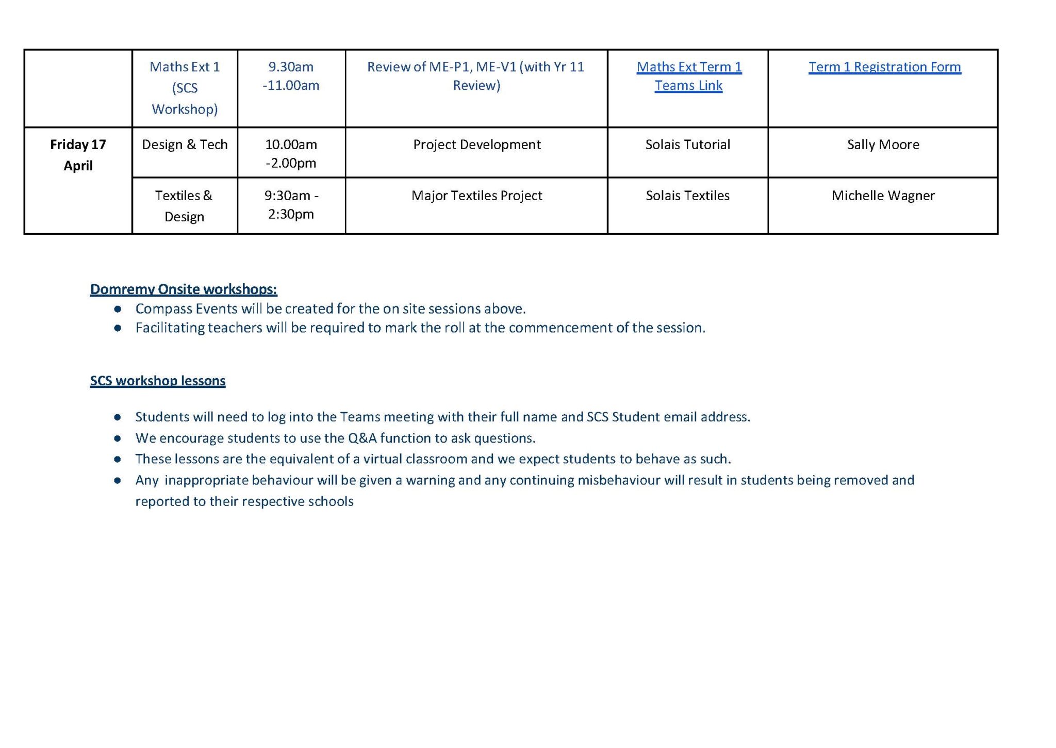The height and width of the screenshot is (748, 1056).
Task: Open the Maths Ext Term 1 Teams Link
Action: pos(688,76)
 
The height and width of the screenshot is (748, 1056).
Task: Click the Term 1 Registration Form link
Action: pos(884,67)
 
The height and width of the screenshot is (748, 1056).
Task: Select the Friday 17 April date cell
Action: pos(78,155)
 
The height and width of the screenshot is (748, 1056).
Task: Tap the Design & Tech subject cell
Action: pos(185,144)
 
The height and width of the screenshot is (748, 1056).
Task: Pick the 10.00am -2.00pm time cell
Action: pos(291,153)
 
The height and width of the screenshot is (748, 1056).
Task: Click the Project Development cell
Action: pos(476,144)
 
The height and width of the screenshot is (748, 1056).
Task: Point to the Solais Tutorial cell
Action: pos(687,144)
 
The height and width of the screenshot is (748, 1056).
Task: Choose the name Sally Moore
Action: pos(883,144)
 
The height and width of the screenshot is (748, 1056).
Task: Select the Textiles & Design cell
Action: pos(184,206)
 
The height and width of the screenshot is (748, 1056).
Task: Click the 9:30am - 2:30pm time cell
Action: pos(291,204)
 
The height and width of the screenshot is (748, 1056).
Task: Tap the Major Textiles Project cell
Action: pos(476,196)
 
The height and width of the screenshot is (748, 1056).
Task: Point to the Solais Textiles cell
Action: pos(687,196)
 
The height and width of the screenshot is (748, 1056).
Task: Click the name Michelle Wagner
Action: pos(883,196)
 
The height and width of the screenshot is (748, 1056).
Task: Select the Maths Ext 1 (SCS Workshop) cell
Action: pos(185,88)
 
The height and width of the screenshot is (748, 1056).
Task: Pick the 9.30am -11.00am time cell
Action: pos(291,76)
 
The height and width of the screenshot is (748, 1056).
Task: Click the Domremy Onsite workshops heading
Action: pos(184,289)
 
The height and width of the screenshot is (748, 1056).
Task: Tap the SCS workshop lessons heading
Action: pos(158,381)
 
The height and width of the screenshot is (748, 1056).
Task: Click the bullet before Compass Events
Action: pos(118,309)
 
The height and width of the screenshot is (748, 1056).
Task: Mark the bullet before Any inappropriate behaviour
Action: pos(118,480)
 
